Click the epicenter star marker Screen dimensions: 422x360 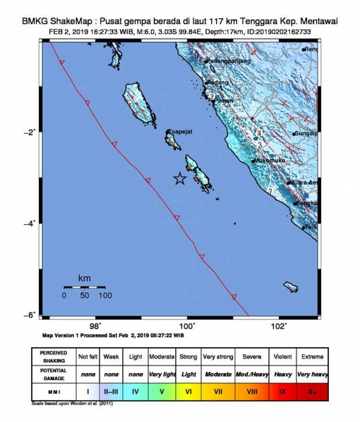click(180, 179)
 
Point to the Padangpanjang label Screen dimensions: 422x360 click(228, 61)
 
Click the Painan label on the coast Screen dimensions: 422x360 click(223, 101)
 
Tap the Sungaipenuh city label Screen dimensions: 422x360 click(306, 133)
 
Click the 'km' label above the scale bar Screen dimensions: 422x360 click(84, 278)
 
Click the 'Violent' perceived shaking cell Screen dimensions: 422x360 click(283, 357)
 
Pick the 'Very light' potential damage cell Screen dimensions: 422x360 click(162, 374)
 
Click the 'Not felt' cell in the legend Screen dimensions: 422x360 click(88, 357)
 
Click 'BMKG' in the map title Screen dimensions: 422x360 click(34, 22)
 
